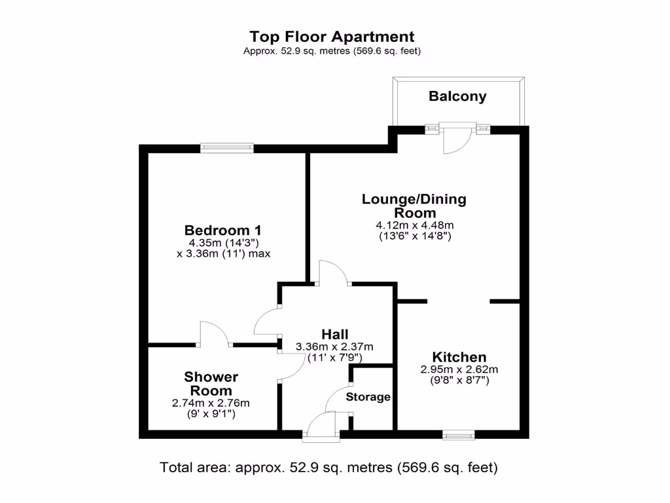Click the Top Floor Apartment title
[332, 37]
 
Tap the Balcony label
[457, 96]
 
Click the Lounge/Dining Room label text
[414, 206]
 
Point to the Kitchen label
[459, 357]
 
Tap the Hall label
[334, 334]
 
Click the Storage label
[368, 397]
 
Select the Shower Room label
[211, 384]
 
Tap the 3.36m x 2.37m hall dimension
[334, 346]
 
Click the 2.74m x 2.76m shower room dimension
[211, 403]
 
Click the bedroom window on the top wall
[227, 148]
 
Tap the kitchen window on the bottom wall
[458, 434]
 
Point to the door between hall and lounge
[333, 272]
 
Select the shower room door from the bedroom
[213, 333]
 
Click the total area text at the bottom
[329, 468]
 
